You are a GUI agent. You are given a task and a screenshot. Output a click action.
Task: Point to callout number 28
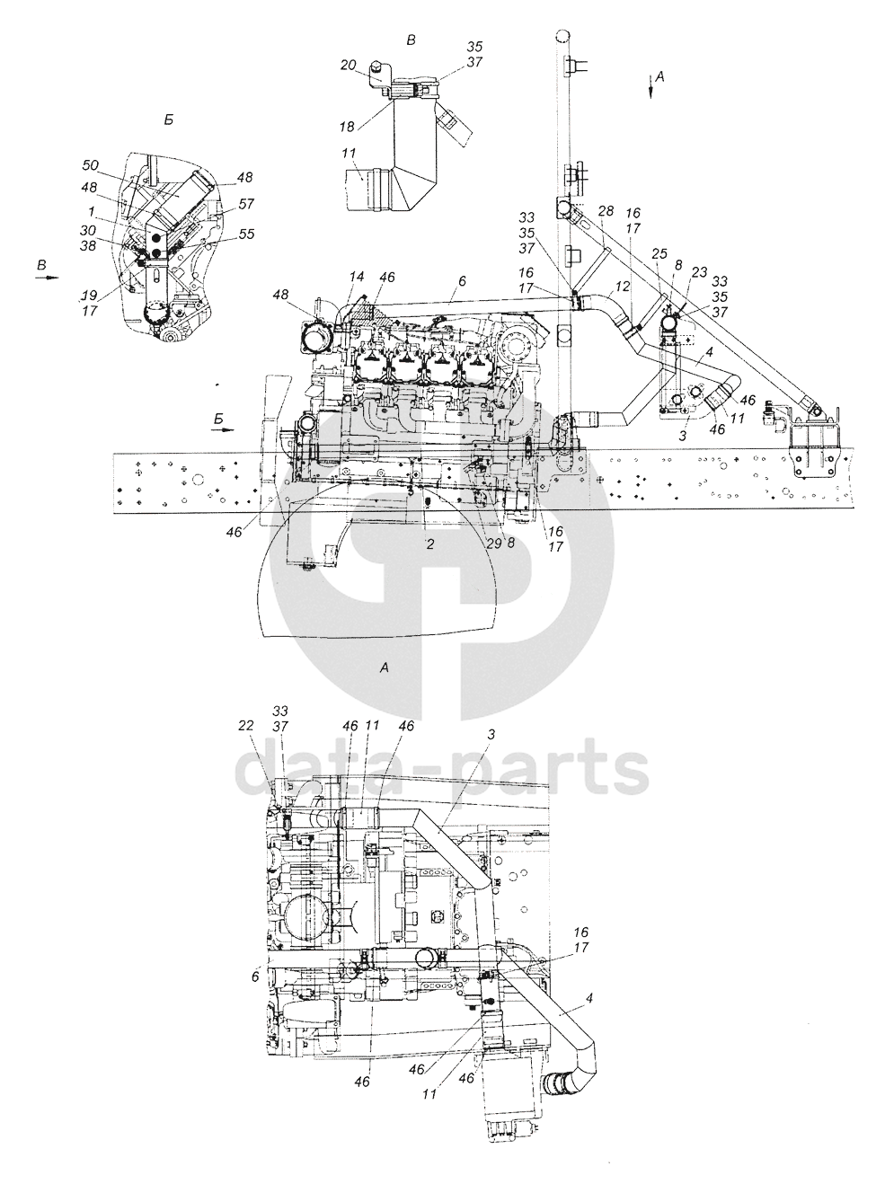pos(605,210)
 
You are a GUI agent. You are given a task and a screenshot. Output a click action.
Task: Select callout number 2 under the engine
pos(430,543)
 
